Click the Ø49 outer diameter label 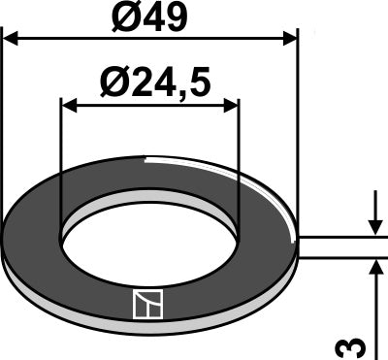pos(150,16)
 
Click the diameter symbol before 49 pos(117,16)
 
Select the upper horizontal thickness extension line pos(339,236)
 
